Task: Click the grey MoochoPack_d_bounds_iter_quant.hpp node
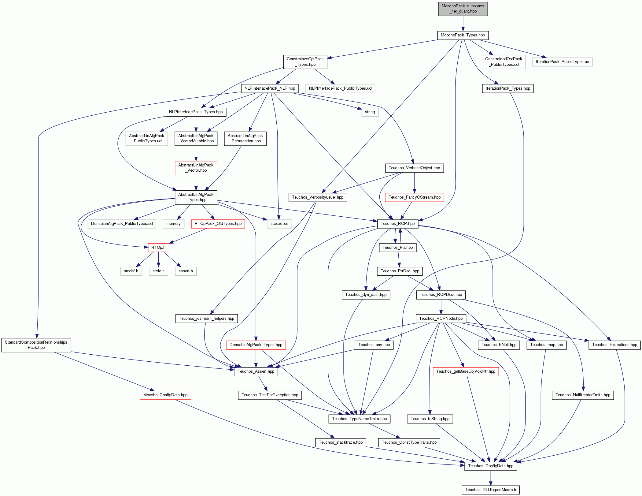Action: pyautogui.click(x=463, y=9)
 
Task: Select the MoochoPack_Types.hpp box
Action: pyautogui.click(x=463, y=35)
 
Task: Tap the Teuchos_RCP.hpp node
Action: pyautogui.click(x=398, y=224)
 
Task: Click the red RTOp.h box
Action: pyautogui.click(x=158, y=247)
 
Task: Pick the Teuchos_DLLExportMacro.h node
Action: pyautogui.click(x=491, y=490)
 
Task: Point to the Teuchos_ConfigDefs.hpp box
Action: pyautogui.click(x=491, y=466)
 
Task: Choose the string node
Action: pyautogui.click(x=370, y=112)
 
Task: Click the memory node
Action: pyautogui.click(x=173, y=224)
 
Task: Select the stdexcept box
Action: pyautogui.click(x=279, y=224)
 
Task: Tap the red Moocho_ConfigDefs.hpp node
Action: pyautogui.click(x=165, y=395)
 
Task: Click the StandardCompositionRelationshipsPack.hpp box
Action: pyautogui.click(x=36, y=345)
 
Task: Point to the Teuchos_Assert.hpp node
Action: pyautogui.click(x=256, y=371)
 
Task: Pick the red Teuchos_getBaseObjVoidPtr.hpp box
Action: pyautogui.click(x=466, y=371)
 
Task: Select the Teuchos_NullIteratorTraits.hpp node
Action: pyautogui.click(x=583, y=395)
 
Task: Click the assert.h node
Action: pyautogui.click(x=186, y=271)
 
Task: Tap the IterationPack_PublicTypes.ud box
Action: pyautogui.click(x=562, y=62)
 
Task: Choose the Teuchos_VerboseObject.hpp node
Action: pyautogui.click(x=414, y=168)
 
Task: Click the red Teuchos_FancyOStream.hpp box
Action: pyautogui.click(x=415, y=197)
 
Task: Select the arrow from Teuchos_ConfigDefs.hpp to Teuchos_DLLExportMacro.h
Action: pyautogui.click(x=491, y=478)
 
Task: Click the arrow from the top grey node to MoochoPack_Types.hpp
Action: pyautogui.click(x=463, y=24)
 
